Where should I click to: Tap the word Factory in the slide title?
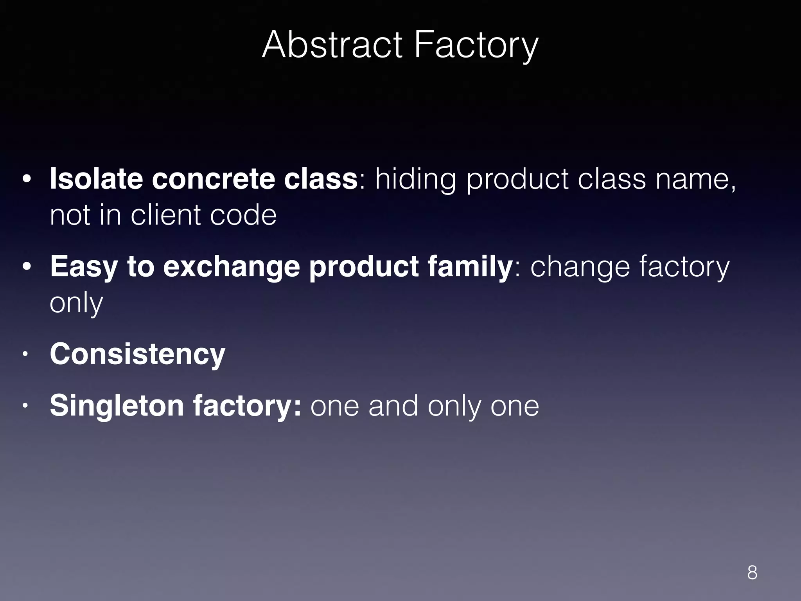[476, 46]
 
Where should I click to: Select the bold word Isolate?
[96, 178]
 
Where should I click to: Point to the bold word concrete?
[213, 179]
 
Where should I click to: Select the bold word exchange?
[231, 266]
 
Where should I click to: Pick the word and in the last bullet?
[393, 406]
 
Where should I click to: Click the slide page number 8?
[752, 572]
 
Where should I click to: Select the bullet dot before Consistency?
[25, 354]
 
